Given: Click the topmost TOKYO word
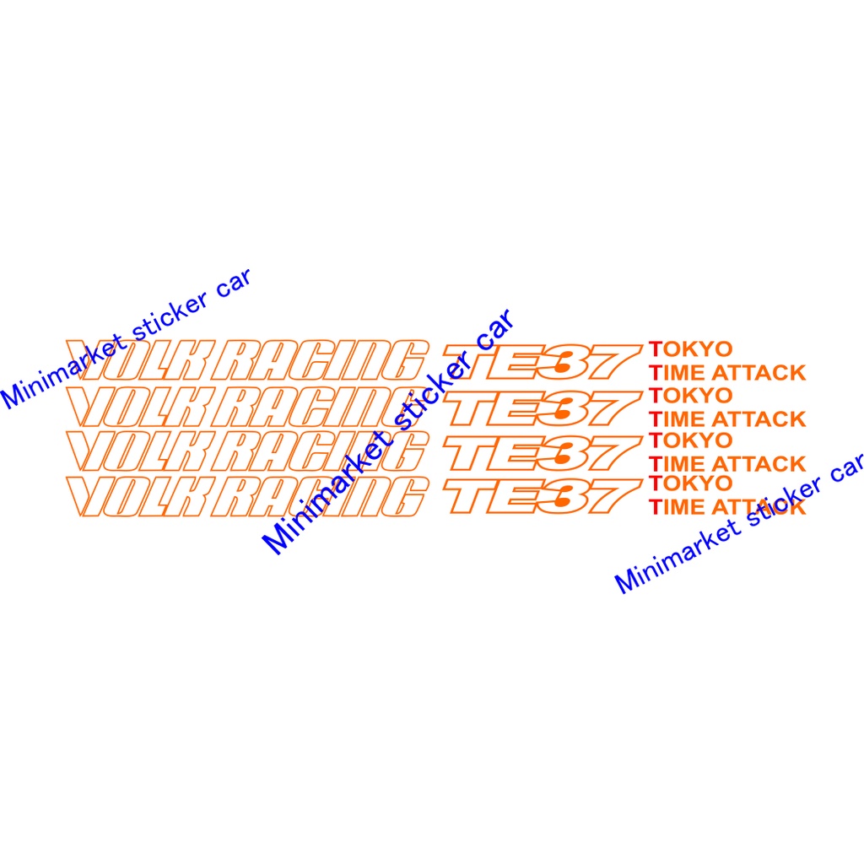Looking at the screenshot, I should pyautogui.click(x=691, y=348).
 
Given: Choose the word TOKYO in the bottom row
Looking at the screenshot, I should pyautogui.click(x=691, y=483).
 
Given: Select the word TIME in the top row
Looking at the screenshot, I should pyautogui.click(x=679, y=372).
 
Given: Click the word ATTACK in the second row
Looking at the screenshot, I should pyautogui.click(x=760, y=418).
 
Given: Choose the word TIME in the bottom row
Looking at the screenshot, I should pyautogui.click(x=679, y=507).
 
